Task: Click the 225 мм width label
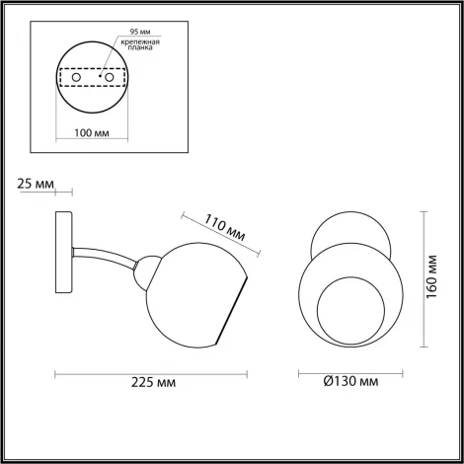tap(151, 386)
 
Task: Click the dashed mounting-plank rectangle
tap(94, 77)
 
